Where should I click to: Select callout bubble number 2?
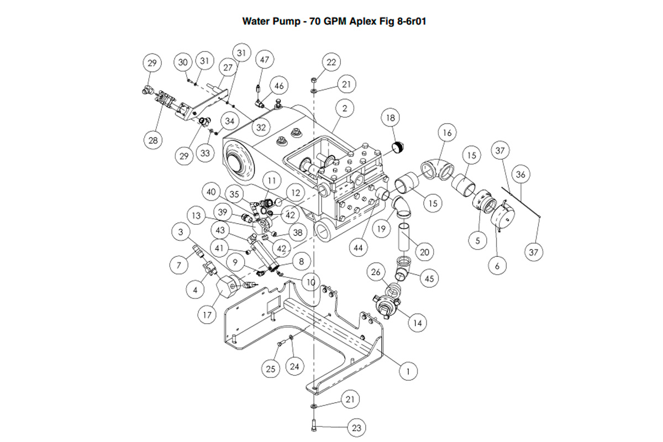[344, 109]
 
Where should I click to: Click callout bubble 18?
[391, 118]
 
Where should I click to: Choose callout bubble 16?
[448, 133]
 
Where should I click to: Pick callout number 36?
[520, 175]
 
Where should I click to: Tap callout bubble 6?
[497, 265]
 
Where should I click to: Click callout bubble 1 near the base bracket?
[408, 371]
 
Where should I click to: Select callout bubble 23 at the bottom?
[356, 427]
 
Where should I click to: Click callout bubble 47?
[265, 60]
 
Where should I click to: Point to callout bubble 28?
[152, 140]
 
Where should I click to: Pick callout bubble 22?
[331, 62]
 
